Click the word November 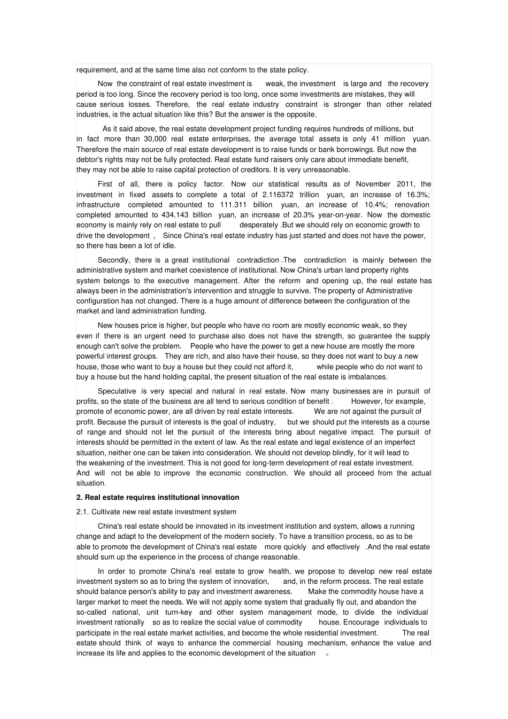tap(373, 184)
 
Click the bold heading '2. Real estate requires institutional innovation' tap(158, 497)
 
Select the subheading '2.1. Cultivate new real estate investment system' tap(156, 512)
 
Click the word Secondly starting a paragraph tap(113, 260)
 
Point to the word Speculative tap(117, 391)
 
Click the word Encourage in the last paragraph tap(362, 622)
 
